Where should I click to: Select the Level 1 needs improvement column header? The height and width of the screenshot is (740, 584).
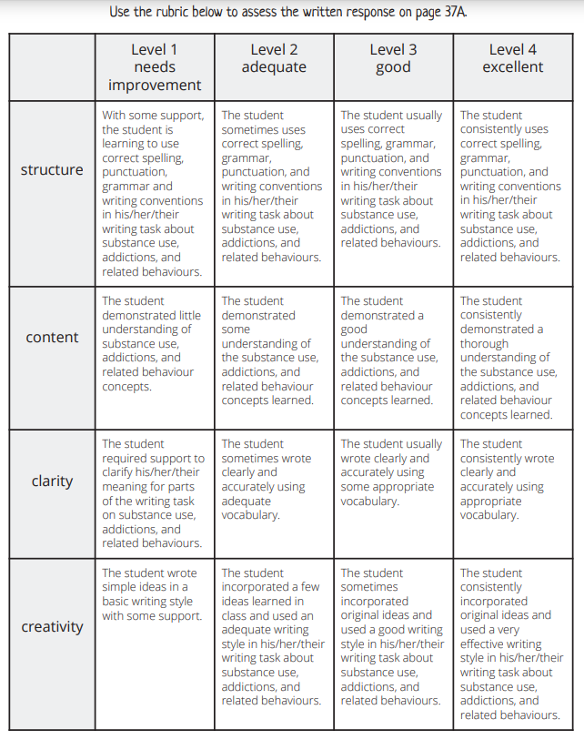click(x=155, y=67)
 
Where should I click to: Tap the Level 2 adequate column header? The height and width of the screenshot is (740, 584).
click(x=274, y=58)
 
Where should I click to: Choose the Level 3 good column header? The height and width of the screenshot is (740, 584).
click(x=393, y=58)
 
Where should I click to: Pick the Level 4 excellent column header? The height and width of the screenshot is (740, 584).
click(x=512, y=58)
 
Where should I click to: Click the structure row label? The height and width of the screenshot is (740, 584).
click(x=52, y=169)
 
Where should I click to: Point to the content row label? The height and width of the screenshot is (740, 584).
click(x=52, y=337)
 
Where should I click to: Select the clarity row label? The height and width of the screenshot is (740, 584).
click(x=52, y=481)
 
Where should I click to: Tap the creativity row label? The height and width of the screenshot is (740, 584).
click(x=52, y=626)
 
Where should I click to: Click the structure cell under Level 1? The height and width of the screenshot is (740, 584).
click(x=154, y=193)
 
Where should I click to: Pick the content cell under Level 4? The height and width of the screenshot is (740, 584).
click(x=512, y=357)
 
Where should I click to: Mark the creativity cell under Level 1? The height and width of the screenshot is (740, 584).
click(x=154, y=594)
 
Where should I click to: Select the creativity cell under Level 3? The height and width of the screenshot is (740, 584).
click(x=393, y=636)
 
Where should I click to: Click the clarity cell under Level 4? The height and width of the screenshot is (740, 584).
click(x=512, y=480)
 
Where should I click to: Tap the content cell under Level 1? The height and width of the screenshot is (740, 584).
click(x=154, y=343)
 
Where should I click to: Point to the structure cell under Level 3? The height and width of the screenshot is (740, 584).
click(x=393, y=179)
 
